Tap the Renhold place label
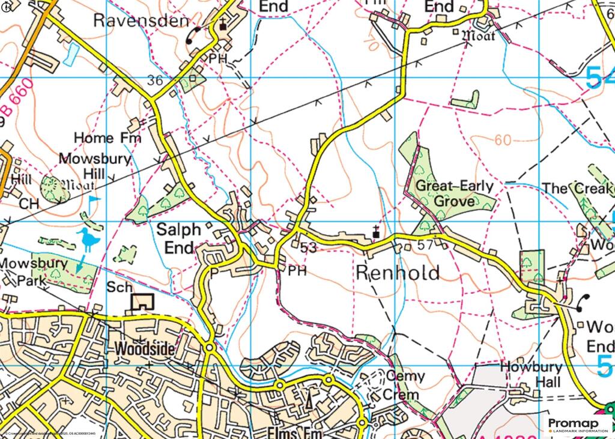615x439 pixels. point(398,272)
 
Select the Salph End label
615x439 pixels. point(175,238)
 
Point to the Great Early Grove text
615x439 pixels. point(455,193)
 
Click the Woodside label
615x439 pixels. point(144,348)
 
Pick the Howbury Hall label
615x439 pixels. point(531,374)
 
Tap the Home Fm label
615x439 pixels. point(108,138)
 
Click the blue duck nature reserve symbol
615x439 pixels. point(89,240)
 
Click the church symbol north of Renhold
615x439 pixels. point(376,231)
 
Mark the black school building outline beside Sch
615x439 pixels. point(142,302)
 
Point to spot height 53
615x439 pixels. point(308,247)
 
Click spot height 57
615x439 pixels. point(425,246)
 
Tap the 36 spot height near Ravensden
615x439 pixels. point(155,80)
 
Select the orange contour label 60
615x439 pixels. point(503,141)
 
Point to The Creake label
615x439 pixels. point(578,188)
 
